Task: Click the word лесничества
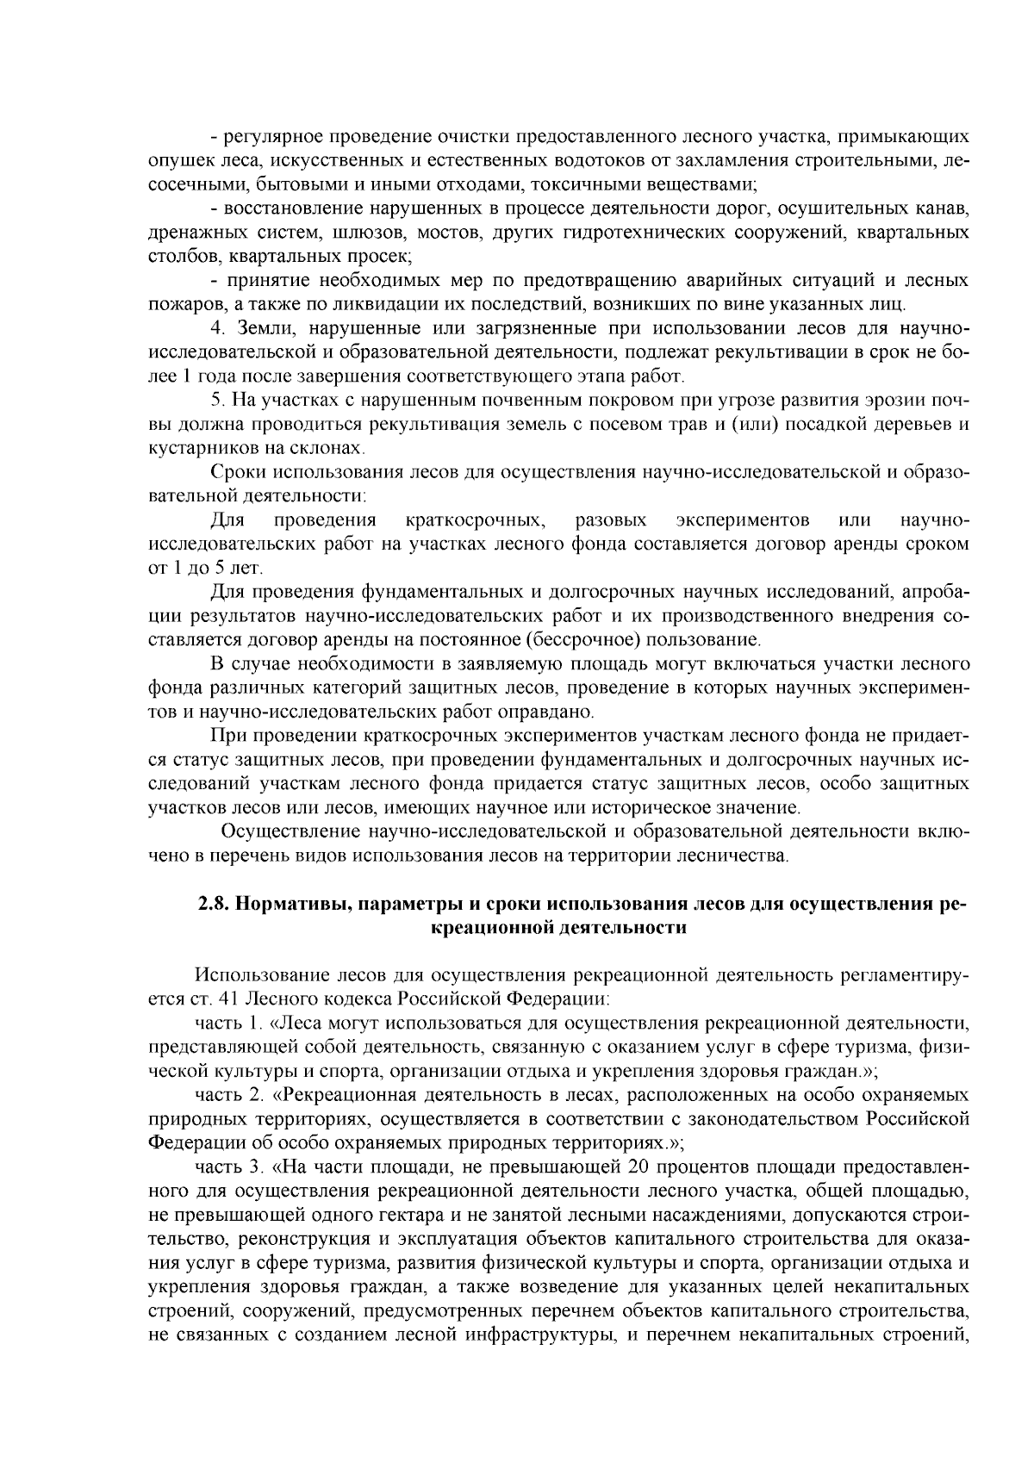(739, 856)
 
